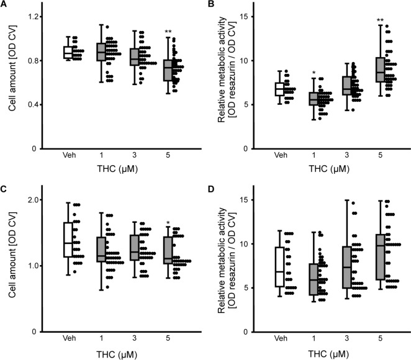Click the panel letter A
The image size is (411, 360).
pos(6,6)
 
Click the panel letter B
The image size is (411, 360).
pos(214,6)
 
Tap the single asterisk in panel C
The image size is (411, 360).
pos(168,223)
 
